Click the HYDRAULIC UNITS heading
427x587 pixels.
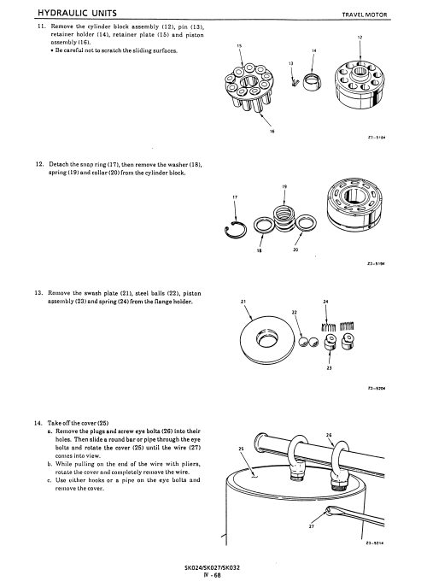tap(77, 13)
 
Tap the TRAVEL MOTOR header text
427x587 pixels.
tap(365, 15)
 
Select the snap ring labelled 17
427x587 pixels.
tap(236, 230)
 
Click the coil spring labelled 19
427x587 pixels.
tap(284, 218)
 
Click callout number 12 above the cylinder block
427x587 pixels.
tap(360, 38)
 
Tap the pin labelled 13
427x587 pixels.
tap(295, 80)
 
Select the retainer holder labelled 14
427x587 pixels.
tap(312, 82)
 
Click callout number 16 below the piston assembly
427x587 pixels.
tap(272, 132)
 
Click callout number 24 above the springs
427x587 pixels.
tap(325, 302)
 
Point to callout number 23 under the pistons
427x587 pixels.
tap(329, 368)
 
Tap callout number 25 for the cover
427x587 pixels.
tap(241, 449)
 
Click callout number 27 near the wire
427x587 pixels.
tap(312, 526)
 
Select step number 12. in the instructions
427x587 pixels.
tap(39, 164)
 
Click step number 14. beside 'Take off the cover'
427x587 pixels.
tap(38, 423)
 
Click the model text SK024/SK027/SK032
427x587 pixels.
tap(212, 567)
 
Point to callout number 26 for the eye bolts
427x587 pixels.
tap(329, 435)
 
